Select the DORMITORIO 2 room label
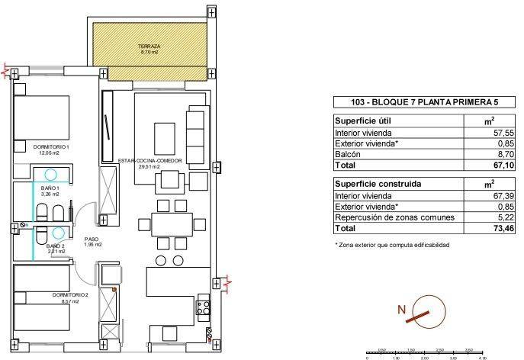[x=51, y=296]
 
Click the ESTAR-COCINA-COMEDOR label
[x=149, y=162]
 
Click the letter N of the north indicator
[x=400, y=310]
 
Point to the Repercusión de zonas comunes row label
[x=395, y=217]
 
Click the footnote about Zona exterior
[x=392, y=245]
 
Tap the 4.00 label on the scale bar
[x=482, y=356]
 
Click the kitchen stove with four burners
[x=204, y=309]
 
